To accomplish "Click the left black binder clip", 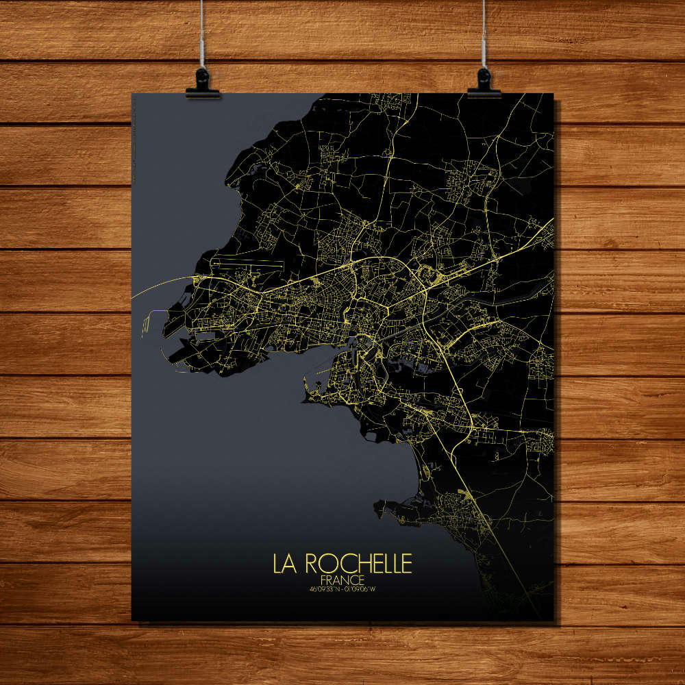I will tap(203, 84).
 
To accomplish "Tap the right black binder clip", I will tap(484, 84).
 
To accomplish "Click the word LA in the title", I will tap(285, 563).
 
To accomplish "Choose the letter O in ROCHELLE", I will tap(324, 563).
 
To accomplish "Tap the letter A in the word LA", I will tap(290, 563).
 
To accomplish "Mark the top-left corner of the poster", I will tap(132, 94).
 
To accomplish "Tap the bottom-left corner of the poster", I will tap(132, 621).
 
